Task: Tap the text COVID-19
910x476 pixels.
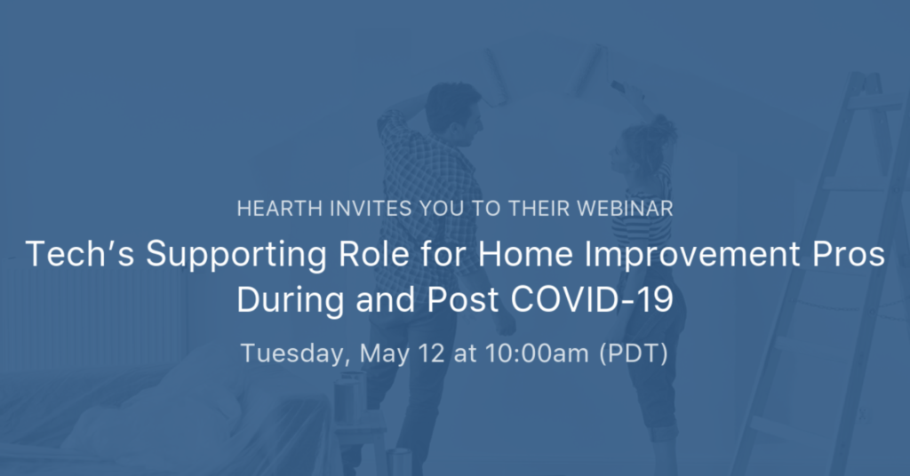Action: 592,300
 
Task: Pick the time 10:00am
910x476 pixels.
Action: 537,353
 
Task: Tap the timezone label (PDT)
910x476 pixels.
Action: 633,353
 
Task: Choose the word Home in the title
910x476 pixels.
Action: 526,254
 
